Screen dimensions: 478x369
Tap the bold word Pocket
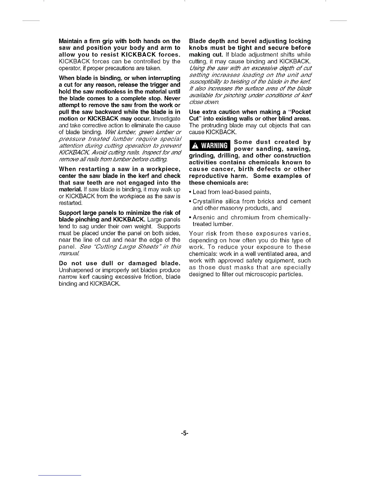pos(300,112)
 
